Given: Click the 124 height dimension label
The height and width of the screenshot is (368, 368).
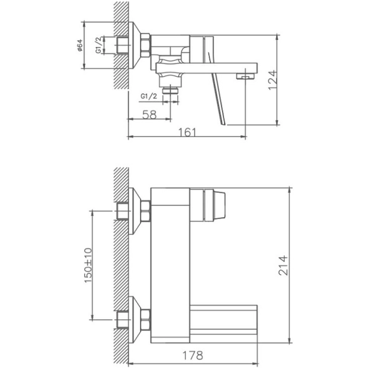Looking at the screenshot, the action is (x=272, y=80).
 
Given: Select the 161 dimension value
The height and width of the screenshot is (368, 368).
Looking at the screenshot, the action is (x=187, y=133).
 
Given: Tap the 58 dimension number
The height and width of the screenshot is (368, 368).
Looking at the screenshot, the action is (x=150, y=115).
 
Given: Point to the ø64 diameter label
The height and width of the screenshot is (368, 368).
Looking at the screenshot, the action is (x=80, y=45).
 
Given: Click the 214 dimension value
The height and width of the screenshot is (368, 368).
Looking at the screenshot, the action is (x=283, y=265).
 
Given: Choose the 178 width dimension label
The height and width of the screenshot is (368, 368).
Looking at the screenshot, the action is (x=193, y=355).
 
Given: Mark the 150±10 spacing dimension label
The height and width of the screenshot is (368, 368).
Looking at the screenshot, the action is (x=88, y=265).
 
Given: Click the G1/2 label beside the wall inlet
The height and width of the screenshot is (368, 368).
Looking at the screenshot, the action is (x=98, y=45).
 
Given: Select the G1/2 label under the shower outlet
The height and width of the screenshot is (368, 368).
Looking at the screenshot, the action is (x=149, y=96).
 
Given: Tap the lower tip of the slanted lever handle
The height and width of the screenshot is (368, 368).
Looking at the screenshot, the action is (x=223, y=124).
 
